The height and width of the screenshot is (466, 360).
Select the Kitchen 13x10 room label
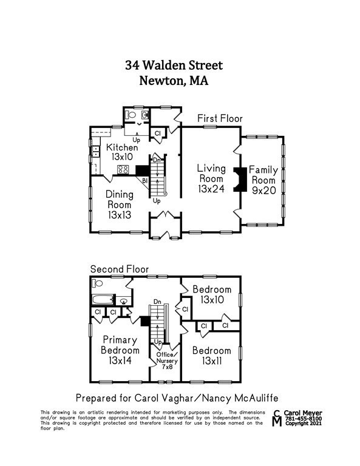point(122,152)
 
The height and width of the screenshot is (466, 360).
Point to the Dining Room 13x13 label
point(119,204)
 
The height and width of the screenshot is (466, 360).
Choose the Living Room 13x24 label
point(211,178)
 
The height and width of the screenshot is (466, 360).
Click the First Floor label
point(220,118)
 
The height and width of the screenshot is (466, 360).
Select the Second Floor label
point(120,269)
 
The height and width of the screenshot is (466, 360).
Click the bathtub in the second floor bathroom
point(103,300)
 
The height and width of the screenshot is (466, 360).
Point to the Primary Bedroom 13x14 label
point(120,350)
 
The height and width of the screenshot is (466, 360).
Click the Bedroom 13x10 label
point(212,294)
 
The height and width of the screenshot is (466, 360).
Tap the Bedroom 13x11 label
point(212,356)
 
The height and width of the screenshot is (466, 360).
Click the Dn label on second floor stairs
point(158,301)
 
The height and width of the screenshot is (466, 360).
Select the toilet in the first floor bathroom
point(131,114)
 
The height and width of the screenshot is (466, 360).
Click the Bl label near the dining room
point(145,181)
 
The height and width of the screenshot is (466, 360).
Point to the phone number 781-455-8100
point(305,418)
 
